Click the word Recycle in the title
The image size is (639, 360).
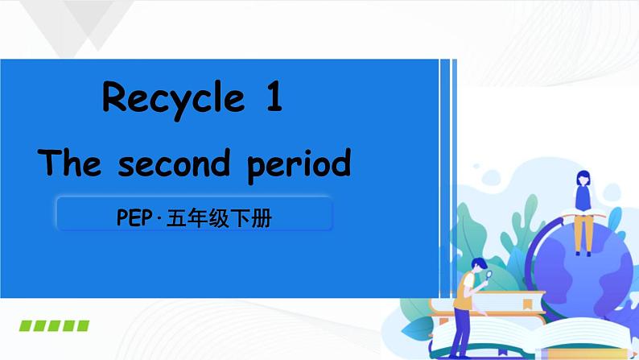(173, 99)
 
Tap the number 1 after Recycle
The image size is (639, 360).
(274, 98)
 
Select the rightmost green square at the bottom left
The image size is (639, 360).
(82, 325)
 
